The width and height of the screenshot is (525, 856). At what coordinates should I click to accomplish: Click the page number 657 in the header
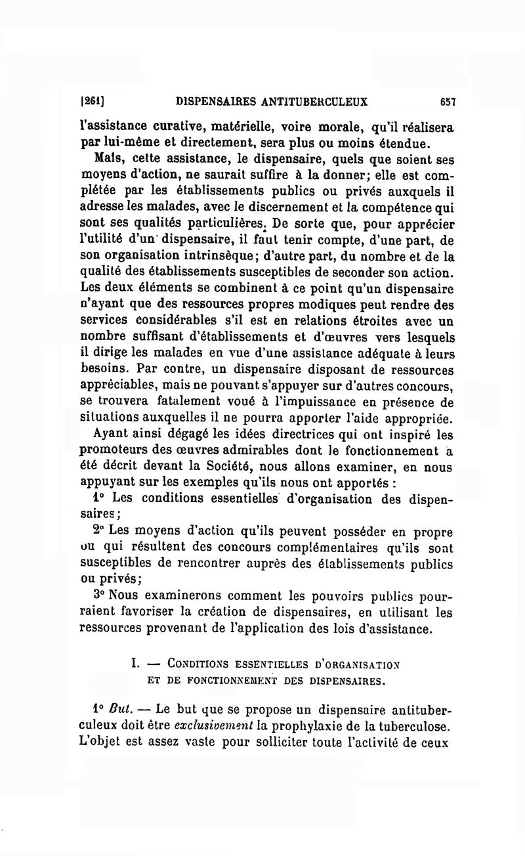click(448, 102)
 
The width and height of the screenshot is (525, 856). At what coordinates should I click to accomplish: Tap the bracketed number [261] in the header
click(93, 102)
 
